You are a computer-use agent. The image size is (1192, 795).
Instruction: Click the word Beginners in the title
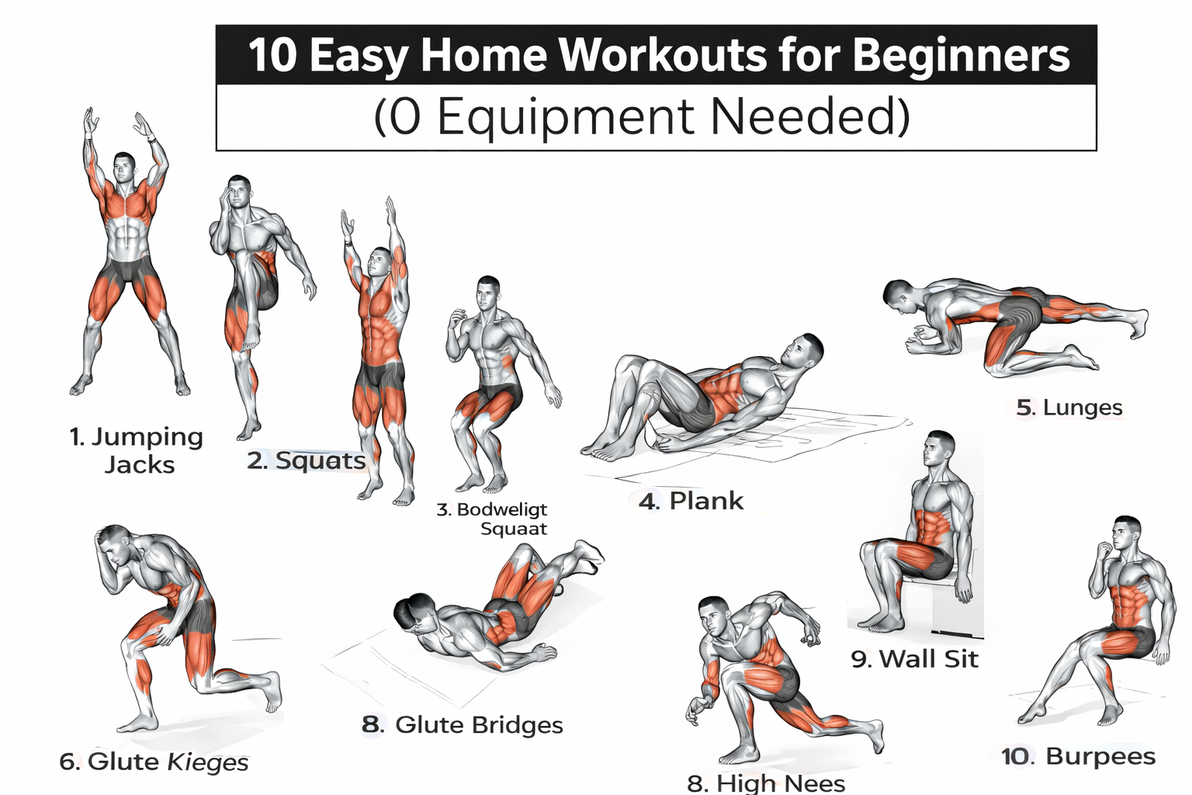pos(961,55)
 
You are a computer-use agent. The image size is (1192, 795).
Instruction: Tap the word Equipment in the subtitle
pos(565,117)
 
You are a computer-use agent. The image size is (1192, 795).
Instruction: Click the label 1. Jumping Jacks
pos(137,450)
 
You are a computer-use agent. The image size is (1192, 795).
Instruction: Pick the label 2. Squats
pos(307,460)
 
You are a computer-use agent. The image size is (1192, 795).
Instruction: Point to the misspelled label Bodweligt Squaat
pos(493,519)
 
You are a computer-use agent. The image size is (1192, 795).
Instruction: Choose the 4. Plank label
pos(691,501)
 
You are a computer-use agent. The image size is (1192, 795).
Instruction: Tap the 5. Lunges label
pos(1069,408)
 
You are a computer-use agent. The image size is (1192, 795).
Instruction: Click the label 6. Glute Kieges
pos(154,762)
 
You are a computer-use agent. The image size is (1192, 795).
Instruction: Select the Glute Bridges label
pos(463,724)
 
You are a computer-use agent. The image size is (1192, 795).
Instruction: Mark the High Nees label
pos(766,782)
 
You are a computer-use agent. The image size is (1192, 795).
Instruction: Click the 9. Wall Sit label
pos(914,659)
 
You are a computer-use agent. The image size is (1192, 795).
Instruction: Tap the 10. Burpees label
pos(1078,756)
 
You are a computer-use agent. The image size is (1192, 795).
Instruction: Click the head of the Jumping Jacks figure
pos(124,167)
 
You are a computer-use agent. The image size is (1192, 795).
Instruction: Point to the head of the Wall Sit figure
pos(939,448)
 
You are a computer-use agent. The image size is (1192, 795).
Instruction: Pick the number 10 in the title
pos(272,55)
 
